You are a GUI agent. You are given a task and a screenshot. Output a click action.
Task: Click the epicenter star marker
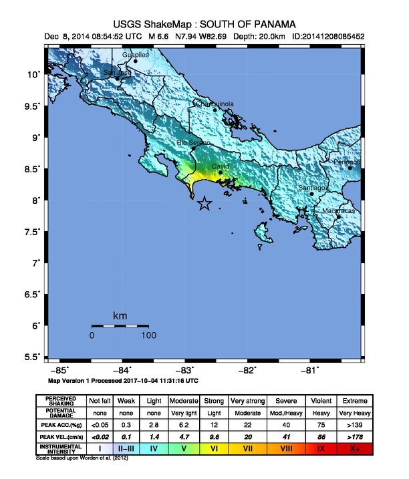204,204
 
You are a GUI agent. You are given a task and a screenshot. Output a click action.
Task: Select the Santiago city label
311,188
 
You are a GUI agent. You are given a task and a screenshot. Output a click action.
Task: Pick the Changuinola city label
214,104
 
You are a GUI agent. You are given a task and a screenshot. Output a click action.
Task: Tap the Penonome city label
348,162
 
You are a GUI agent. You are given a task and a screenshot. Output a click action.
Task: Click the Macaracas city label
338,211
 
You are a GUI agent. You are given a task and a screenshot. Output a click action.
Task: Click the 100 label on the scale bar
148,335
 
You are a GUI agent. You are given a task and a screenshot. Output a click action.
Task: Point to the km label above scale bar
120,315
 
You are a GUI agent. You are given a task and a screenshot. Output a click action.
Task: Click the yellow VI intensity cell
213,449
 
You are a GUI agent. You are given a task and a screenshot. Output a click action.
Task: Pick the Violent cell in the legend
321,400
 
